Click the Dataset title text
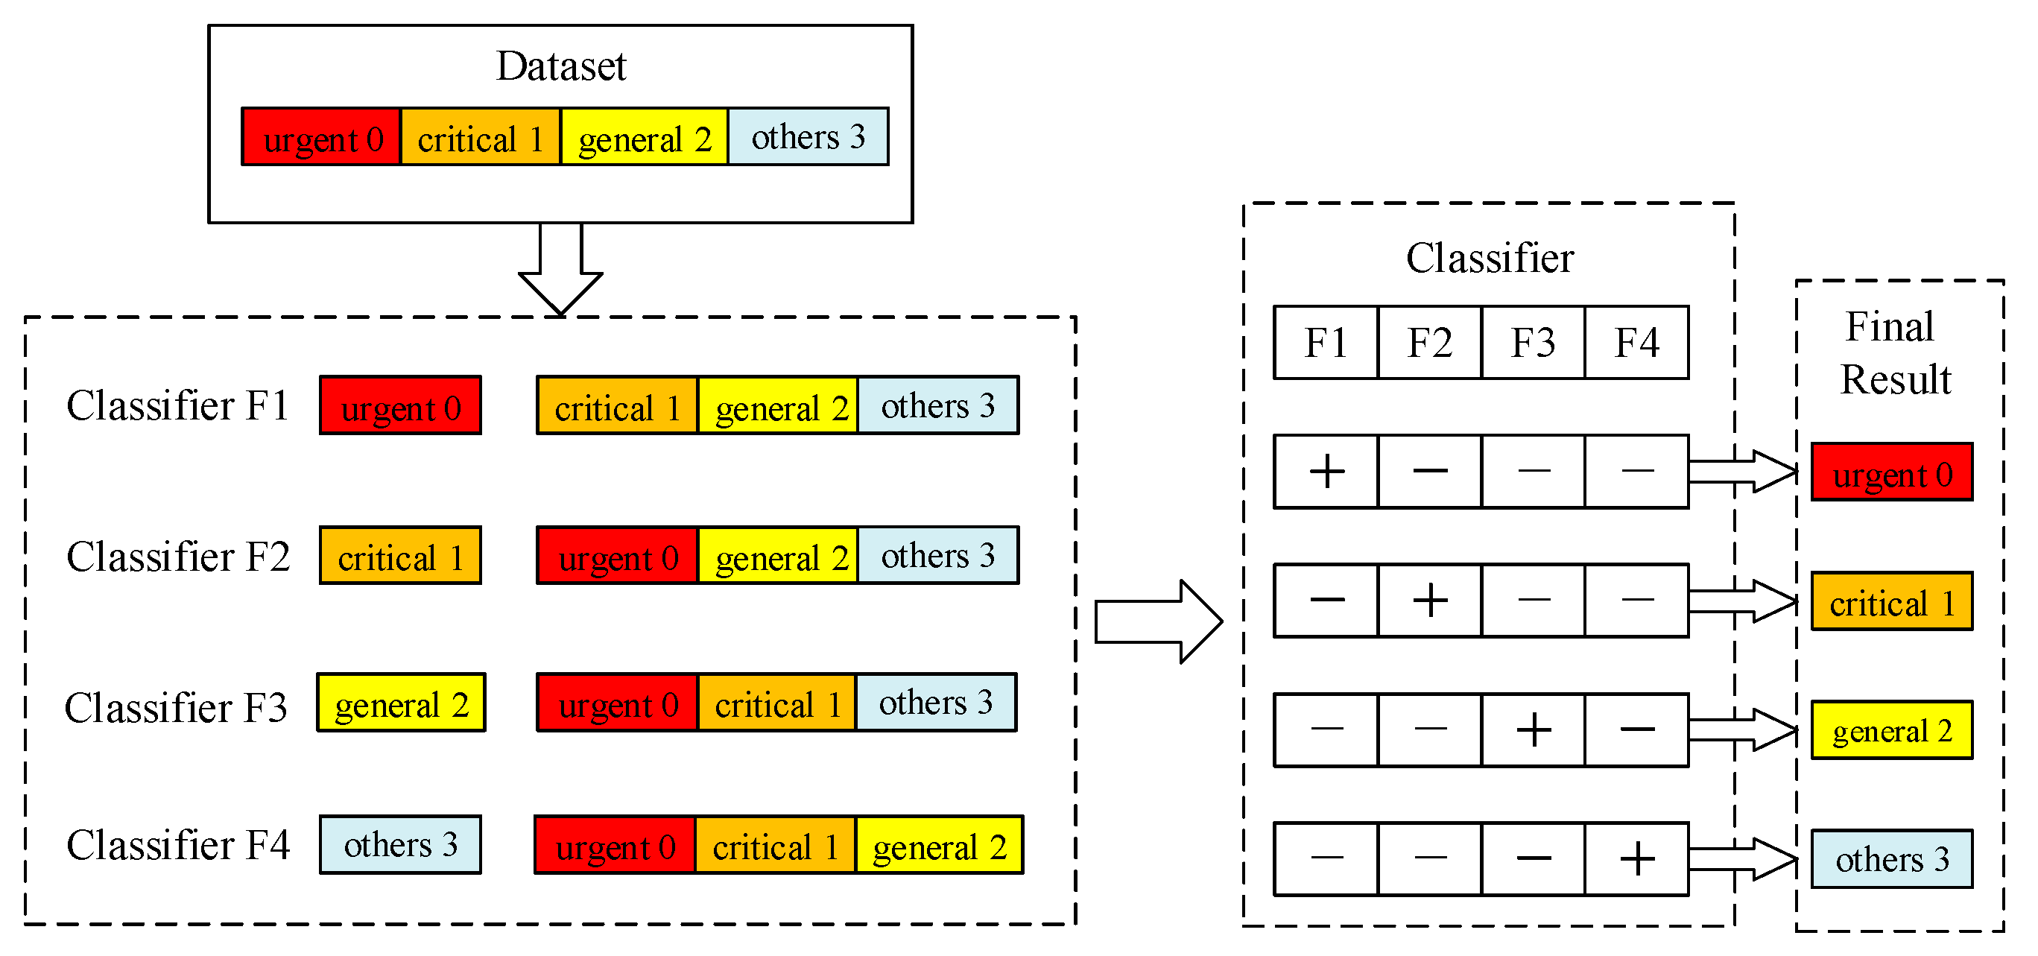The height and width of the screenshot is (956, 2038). (560, 66)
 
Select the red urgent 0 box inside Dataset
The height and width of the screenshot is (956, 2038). (321, 137)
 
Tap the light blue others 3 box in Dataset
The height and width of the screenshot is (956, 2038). (807, 137)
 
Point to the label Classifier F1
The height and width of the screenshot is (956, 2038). (178, 405)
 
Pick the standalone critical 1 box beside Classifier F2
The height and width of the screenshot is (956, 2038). (399, 556)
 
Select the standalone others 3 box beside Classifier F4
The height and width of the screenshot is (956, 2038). (399, 844)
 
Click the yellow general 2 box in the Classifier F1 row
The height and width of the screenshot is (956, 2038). (779, 406)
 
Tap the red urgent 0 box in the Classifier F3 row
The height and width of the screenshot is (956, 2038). (617, 703)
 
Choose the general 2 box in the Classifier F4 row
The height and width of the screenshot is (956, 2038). (939, 845)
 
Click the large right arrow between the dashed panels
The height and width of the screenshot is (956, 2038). (1158, 621)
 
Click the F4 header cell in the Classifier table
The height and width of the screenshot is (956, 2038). (1636, 343)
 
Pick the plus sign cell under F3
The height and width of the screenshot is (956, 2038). (1533, 729)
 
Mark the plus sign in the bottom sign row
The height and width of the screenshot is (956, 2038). (1636, 858)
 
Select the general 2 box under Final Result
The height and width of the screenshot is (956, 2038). (1891, 729)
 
